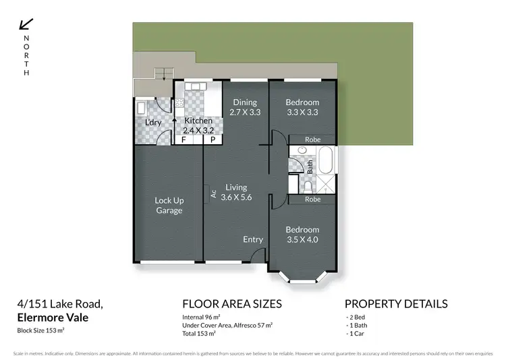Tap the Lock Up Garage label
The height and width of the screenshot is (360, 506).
tap(169, 205)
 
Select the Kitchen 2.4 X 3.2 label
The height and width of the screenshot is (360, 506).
tap(198, 125)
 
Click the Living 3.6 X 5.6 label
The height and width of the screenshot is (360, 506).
tap(236, 192)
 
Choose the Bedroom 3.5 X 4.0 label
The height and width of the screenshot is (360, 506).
tap(302, 234)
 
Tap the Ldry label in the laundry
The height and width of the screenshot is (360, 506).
tap(154, 122)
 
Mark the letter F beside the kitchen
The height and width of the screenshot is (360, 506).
tap(184, 140)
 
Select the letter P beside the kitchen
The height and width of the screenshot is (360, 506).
tap(212, 140)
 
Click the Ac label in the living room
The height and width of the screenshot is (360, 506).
tap(213, 194)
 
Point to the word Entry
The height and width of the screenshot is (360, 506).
tap(253, 239)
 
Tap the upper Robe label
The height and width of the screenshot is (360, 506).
tap(312, 140)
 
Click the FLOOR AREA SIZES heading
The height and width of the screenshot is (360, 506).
tap(232, 303)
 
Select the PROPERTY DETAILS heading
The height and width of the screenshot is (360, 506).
tap(395, 303)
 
